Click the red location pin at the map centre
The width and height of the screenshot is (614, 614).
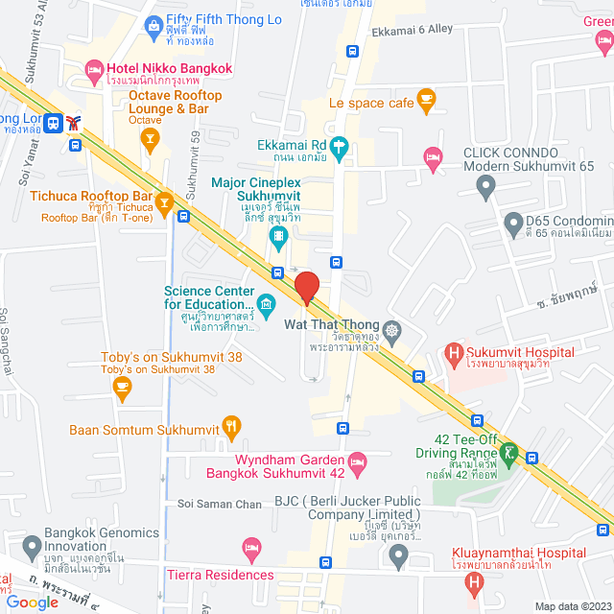pyautogui.click(x=306, y=287)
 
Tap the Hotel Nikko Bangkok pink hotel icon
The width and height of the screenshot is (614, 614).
pyautogui.click(x=94, y=68)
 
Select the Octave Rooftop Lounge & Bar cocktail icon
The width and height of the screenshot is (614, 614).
pyautogui.click(x=149, y=140)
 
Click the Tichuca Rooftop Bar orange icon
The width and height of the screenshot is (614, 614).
pyautogui.click(x=165, y=201)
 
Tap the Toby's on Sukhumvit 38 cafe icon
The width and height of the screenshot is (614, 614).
pyautogui.click(x=121, y=386)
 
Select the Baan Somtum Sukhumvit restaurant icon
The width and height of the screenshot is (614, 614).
pyautogui.click(x=230, y=426)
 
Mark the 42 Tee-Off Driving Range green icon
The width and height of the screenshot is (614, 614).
pyautogui.click(x=508, y=449)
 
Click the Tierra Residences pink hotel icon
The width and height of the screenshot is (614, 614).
pyautogui.click(x=253, y=550)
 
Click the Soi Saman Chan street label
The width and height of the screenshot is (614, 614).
pyautogui.click(x=220, y=504)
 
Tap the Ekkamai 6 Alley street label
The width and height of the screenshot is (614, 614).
pyautogui.click(x=412, y=30)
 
